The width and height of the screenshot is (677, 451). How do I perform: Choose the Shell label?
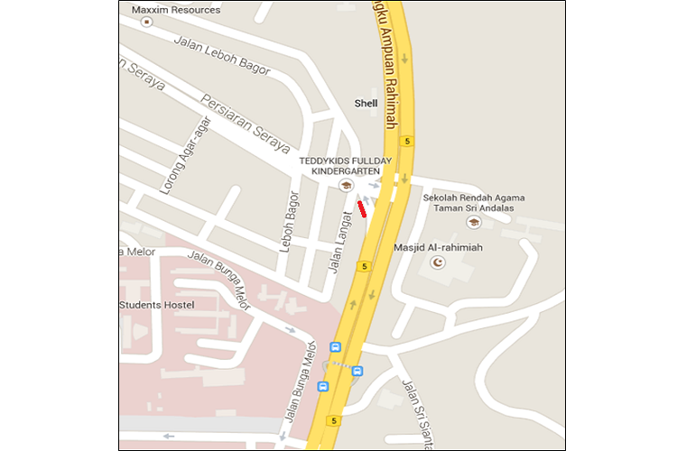[366, 104]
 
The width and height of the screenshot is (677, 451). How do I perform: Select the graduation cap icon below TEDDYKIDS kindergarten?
[343, 186]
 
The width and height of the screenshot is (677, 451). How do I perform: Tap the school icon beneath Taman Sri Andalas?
[473, 222]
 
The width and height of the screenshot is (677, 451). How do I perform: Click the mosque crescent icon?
[440, 262]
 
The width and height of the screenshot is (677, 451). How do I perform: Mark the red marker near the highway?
[362, 209]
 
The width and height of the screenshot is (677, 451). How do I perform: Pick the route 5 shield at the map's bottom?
[335, 419]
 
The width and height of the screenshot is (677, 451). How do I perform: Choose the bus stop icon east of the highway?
[357, 371]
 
